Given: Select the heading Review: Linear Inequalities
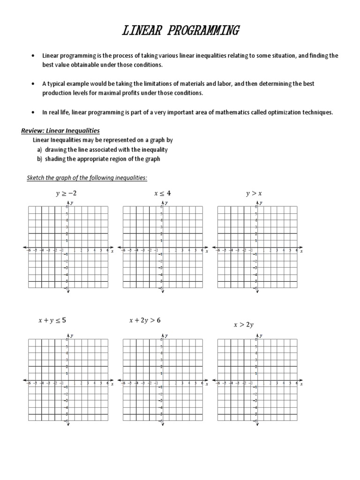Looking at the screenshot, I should pyautogui.click(x=61, y=130).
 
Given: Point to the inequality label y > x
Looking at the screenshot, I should pyautogui.click(x=254, y=193).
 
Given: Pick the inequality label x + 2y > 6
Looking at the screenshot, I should pyautogui.click(x=145, y=321).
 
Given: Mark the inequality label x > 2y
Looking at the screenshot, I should pyautogui.click(x=244, y=324).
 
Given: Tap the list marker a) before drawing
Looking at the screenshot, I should pyautogui.click(x=39, y=150).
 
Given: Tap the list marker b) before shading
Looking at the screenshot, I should pyautogui.click(x=39, y=159).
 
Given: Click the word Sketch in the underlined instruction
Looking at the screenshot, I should pyautogui.click(x=33, y=178).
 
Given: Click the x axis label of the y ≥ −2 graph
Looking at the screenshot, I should pyautogui.click(x=112, y=252).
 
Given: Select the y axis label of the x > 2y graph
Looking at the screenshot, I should pyautogui.click(x=261, y=336).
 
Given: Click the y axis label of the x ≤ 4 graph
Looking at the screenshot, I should pyautogui.click(x=166, y=203).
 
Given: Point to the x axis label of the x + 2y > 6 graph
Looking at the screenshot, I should pyautogui.click(x=207, y=384).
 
